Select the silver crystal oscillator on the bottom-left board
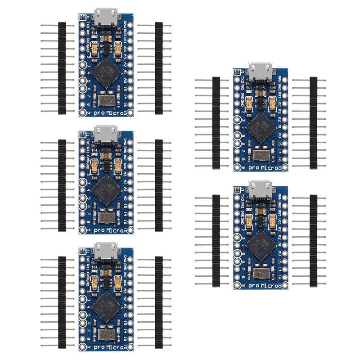coord(107,335)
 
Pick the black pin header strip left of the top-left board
coord(62,67)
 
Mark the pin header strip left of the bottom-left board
coord(62,301)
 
